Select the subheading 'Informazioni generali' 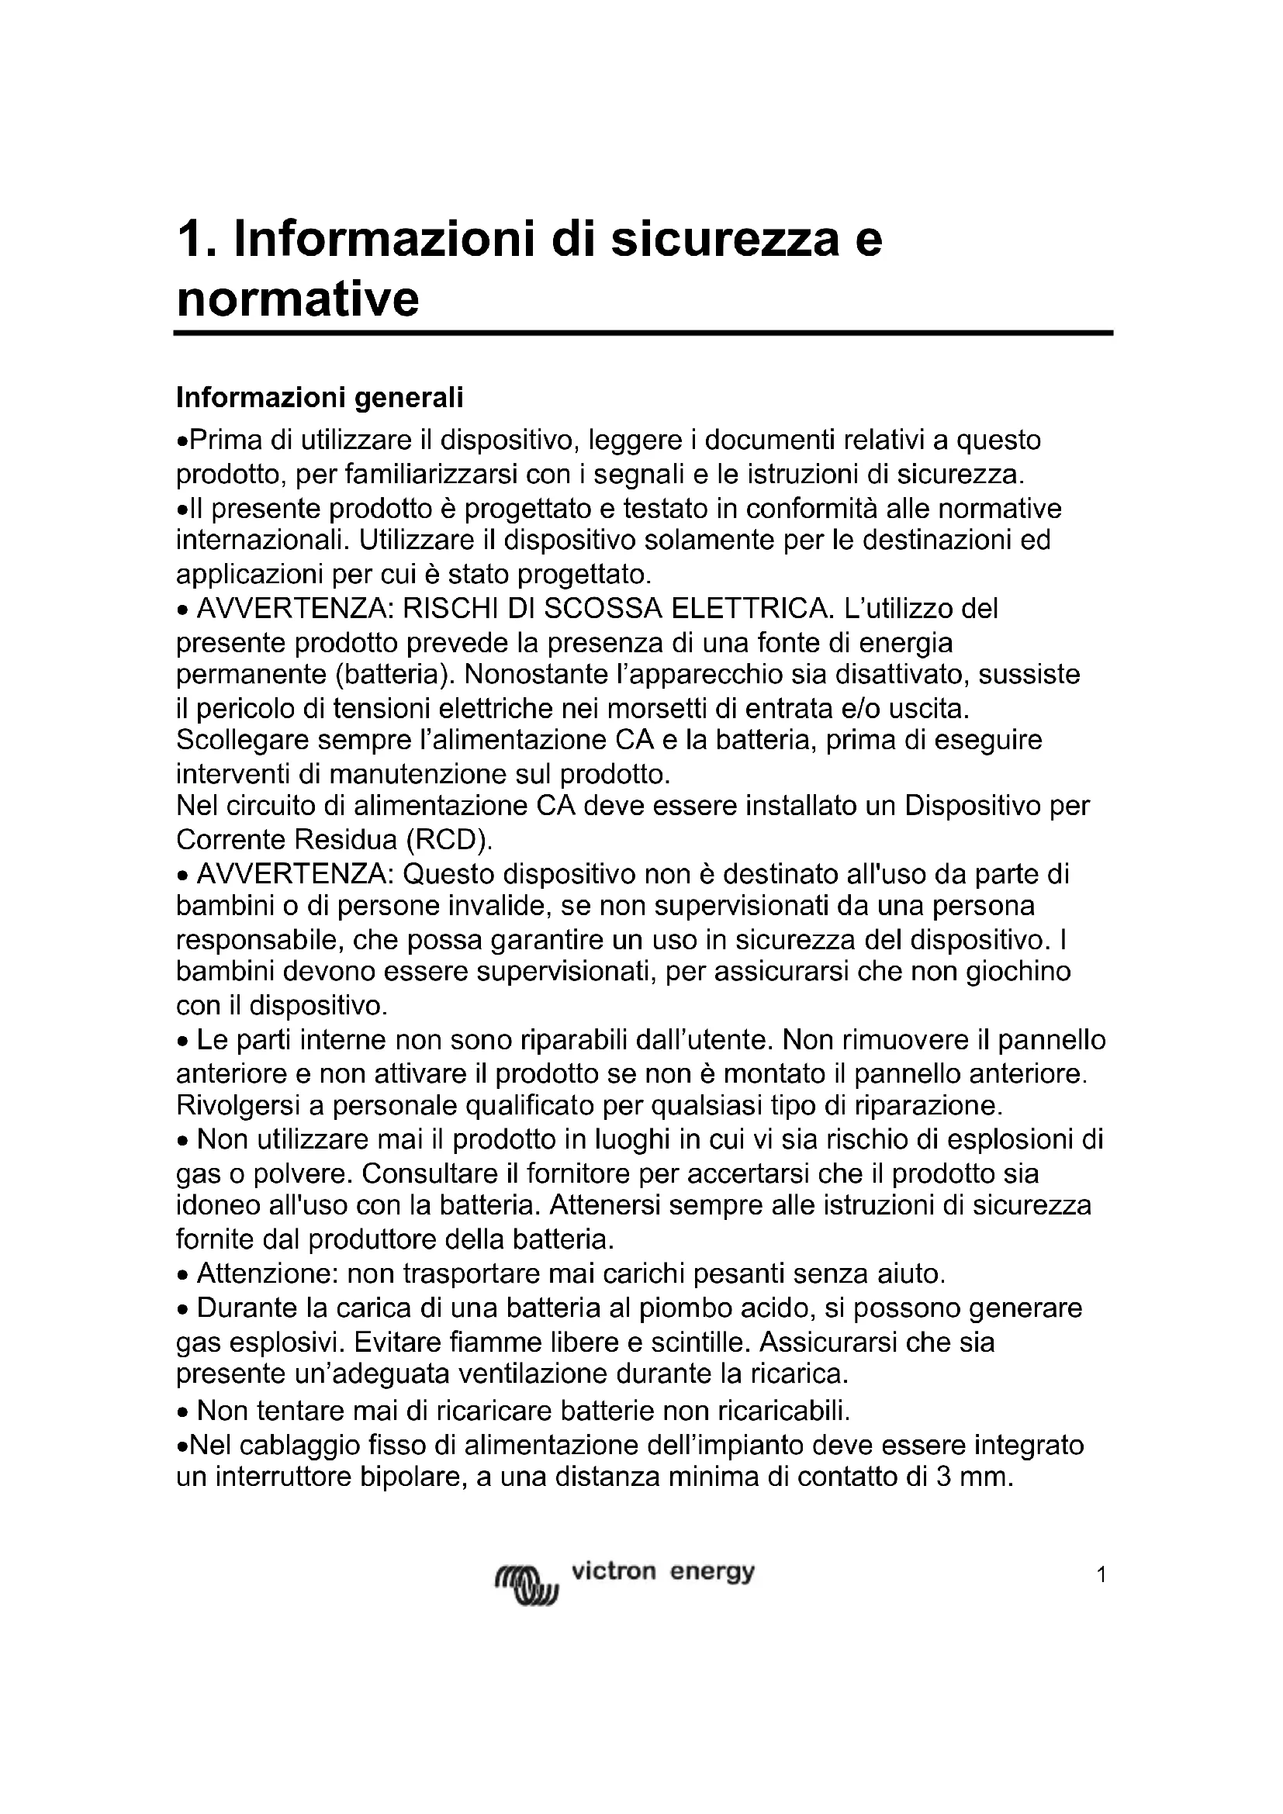(319, 397)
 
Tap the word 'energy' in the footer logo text (712, 1572)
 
